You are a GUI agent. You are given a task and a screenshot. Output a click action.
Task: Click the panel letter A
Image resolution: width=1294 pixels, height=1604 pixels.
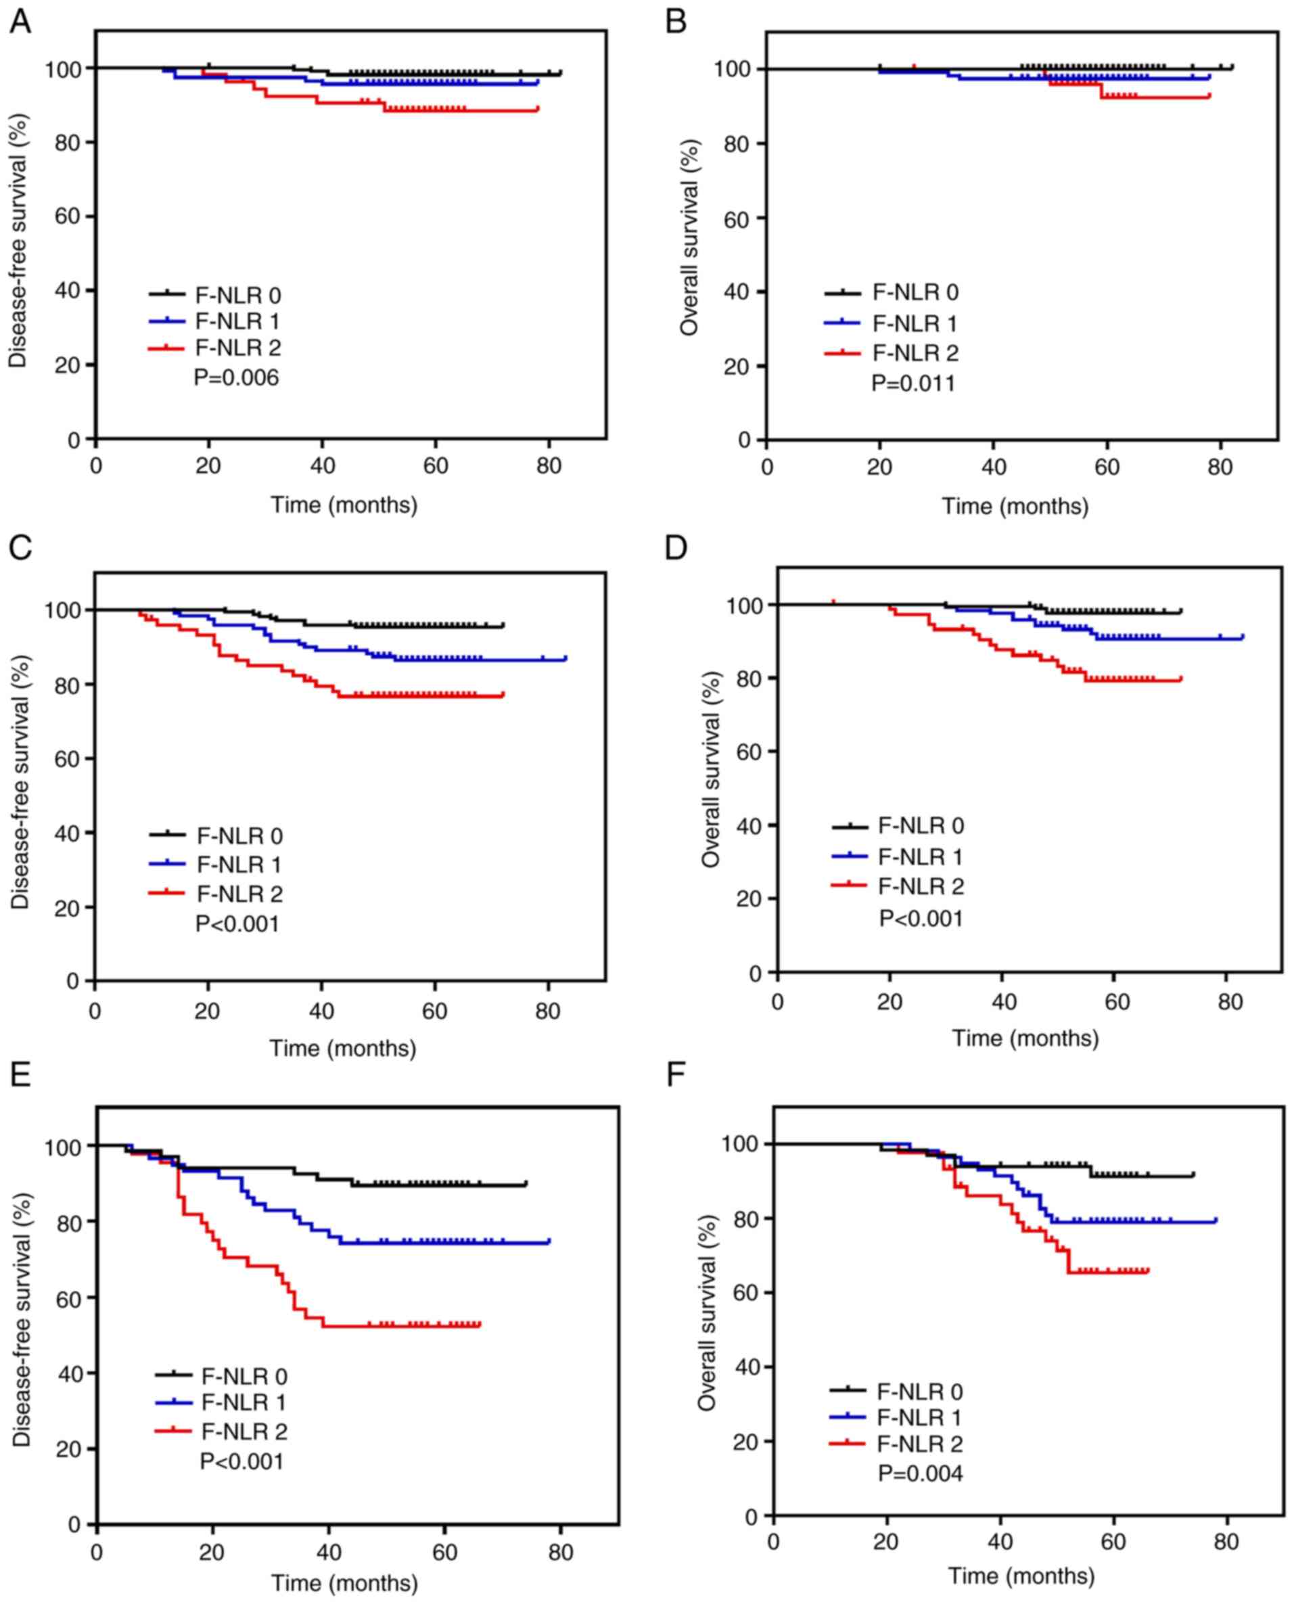(20, 22)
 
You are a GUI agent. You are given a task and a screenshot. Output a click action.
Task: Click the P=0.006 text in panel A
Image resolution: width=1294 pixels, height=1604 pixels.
(236, 378)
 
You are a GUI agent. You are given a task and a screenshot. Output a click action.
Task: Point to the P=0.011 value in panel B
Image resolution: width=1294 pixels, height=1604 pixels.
(913, 384)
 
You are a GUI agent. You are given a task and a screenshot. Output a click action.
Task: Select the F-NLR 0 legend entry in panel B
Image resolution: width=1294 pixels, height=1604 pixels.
(915, 292)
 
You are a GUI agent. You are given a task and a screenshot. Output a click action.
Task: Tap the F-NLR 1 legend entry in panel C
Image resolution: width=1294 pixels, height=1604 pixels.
(239, 865)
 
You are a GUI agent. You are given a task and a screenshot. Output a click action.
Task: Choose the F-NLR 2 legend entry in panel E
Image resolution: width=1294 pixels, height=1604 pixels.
(244, 1431)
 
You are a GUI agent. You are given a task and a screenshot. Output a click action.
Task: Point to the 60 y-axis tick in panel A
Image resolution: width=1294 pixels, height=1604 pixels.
(70, 217)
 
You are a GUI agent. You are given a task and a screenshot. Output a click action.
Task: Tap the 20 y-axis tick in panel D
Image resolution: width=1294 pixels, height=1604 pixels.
(751, 899)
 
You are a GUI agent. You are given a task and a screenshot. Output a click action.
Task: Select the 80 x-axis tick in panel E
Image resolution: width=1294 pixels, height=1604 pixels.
(561, 1553)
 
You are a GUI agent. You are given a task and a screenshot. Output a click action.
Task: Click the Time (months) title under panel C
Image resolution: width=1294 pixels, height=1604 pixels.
(343, 1048)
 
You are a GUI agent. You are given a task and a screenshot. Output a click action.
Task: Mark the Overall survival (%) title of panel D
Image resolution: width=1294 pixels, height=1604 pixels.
(711, 769)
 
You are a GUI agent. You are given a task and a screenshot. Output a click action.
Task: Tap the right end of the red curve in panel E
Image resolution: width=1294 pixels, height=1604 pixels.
(480, 1325)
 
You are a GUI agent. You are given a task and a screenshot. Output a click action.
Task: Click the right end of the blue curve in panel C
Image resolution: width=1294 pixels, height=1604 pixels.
(565, 659)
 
